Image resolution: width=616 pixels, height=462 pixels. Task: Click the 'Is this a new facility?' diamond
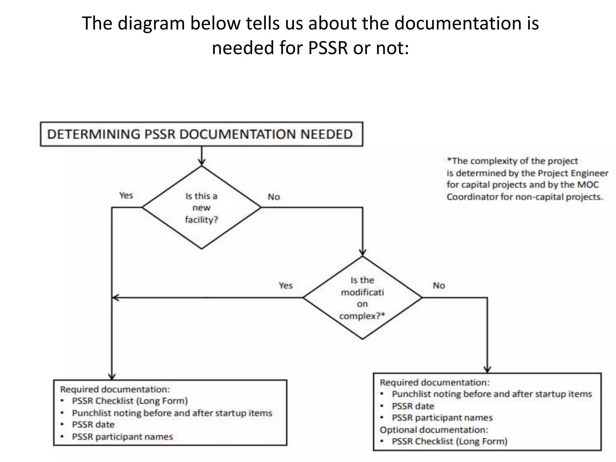[201, 208]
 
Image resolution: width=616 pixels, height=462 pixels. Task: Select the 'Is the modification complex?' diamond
[362, 298]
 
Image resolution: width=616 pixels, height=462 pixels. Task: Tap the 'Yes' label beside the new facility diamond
[126, 196]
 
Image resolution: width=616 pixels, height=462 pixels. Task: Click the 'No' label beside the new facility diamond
[274, 197]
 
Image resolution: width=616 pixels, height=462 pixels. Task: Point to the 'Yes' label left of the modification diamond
[285, 285]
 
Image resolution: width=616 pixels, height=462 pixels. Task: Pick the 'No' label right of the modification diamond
[439, 285]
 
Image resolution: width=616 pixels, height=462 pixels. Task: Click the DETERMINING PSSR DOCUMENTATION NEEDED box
[201, 134]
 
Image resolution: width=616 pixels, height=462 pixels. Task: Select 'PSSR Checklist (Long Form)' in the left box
[130, 401]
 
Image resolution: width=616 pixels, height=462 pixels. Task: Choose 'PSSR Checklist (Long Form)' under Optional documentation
[449, 441]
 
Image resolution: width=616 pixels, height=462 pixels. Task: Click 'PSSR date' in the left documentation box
[93, 424]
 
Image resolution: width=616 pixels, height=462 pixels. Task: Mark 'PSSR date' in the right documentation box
[413, 406]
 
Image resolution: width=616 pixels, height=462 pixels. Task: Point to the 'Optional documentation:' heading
[434, 430]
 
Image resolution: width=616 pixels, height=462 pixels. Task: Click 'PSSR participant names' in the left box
[122, 436]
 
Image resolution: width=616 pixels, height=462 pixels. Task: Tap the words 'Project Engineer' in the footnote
[573, 173]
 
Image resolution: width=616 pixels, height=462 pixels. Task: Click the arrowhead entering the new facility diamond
[202, 163]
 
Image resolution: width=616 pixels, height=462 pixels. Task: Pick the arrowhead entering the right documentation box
[487, 370]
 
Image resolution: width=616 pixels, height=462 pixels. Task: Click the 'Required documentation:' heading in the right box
[435, 383]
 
